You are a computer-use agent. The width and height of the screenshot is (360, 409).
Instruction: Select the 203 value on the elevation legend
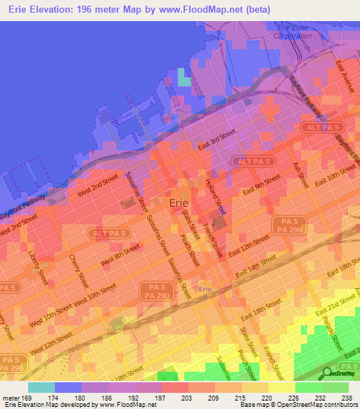(188, 397)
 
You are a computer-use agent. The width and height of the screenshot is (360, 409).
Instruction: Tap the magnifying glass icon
(328, 372)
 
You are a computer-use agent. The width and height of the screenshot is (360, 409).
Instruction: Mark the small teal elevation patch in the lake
(184, 78)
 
